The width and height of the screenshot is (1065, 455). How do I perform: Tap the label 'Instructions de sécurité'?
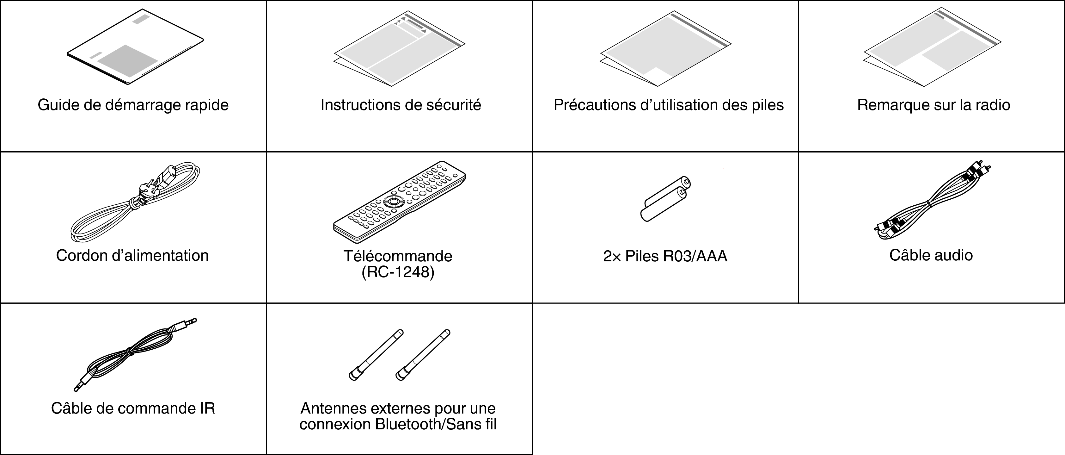click(x=401, y=105)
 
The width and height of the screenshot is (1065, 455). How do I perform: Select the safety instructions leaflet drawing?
click(x=399, y=48)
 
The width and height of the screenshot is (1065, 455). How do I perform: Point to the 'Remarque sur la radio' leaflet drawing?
click(x=932, y=47)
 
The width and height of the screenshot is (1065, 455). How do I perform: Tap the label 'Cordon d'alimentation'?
click(x=132, y=256)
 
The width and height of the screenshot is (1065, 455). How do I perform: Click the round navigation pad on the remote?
click(x=393, y=202)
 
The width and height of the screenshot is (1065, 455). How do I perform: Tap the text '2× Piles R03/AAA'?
click(x=665, y=257)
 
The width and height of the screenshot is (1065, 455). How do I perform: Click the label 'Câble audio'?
click(x=931, y=255)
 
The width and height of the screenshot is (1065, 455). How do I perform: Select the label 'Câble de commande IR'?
click(x=133, y=409)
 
